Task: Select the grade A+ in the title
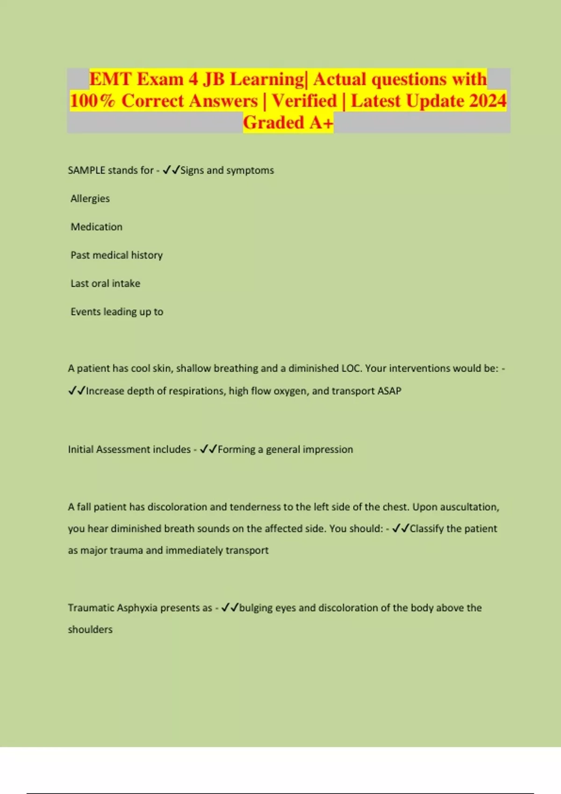click(321, 122)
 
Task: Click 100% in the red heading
click(92, 101)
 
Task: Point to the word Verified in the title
click(304, 101)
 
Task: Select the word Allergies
click(90, 198)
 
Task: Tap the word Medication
click(96, 227)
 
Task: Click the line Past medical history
click(116, 255)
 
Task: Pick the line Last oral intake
click(105, 284)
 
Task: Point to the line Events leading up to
click(117, 312)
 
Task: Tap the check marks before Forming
click(209, 449)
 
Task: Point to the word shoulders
click(90, 630)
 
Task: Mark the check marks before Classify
click(401, 528)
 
